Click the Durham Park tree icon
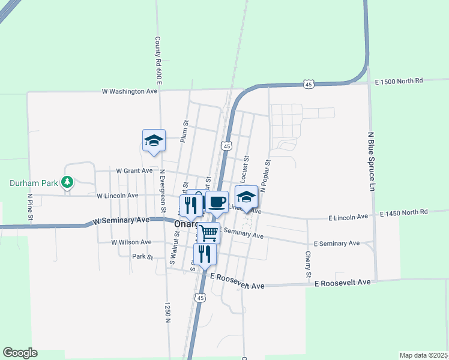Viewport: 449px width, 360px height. point(68,181)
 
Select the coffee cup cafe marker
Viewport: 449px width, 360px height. point(217,202)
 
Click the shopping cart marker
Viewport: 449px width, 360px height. point(208,232)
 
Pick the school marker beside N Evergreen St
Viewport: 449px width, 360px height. point(154,141)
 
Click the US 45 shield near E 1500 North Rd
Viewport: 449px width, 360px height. point(308,85)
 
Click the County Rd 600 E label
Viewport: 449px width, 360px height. point(158,61)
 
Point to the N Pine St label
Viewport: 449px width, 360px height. point(29,209)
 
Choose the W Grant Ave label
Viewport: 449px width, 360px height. point(134,171)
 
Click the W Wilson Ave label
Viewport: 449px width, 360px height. point(131,242)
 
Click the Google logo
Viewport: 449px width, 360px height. point(20,353)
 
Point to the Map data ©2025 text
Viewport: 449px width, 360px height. point(423,355)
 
